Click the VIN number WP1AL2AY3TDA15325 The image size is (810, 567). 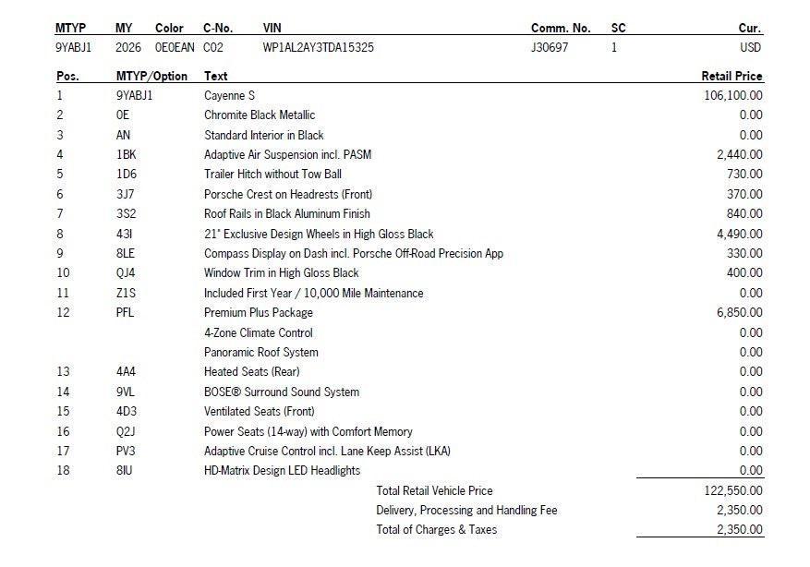click(x=318, y=47)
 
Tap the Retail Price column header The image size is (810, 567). click(x=731, y=76)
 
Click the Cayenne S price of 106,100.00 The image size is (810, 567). click(x=733, y=95)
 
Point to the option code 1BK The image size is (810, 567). click(x=126, y=154)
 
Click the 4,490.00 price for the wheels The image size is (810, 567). click(x=739, y=234)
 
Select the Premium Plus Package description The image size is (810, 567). click(x=259, y=313)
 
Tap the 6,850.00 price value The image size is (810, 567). click(x=739, y=313)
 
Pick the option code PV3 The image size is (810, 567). click(x=126, y=451)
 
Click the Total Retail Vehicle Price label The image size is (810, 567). click(x=434, y=490)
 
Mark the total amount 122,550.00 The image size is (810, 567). click(x=733, y=490)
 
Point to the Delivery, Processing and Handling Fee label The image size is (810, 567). click(x=466, y=510)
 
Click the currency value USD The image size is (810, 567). click(x=750, y=47)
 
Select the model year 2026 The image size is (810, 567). click(x=128, y=47)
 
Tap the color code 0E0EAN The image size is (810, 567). click(x=173, y=47)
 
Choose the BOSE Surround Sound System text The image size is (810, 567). click(x=282, y=392)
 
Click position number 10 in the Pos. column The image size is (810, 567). click(x=63, y=272)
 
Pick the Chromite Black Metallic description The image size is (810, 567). click(x=260, y=115)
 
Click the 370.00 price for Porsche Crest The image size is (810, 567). click(x=744, y=194)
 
